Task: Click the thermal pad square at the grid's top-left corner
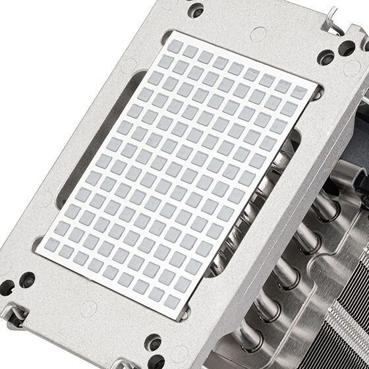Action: click(176, 46)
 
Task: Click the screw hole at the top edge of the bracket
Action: click(196, 10)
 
